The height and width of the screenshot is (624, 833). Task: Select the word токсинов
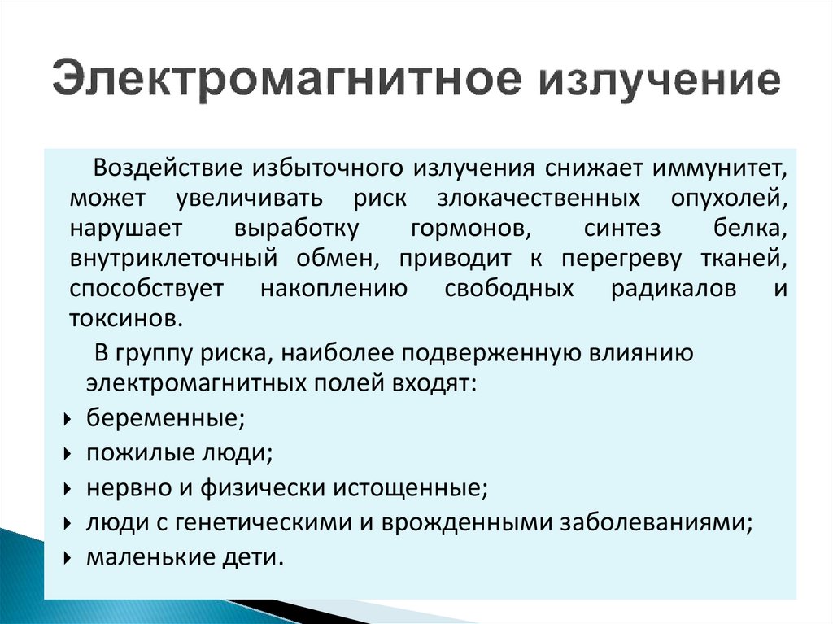pos(121,318)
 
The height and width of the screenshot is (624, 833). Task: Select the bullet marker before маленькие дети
pos(66,560)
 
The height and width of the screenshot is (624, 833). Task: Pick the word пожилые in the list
pos(132,454)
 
